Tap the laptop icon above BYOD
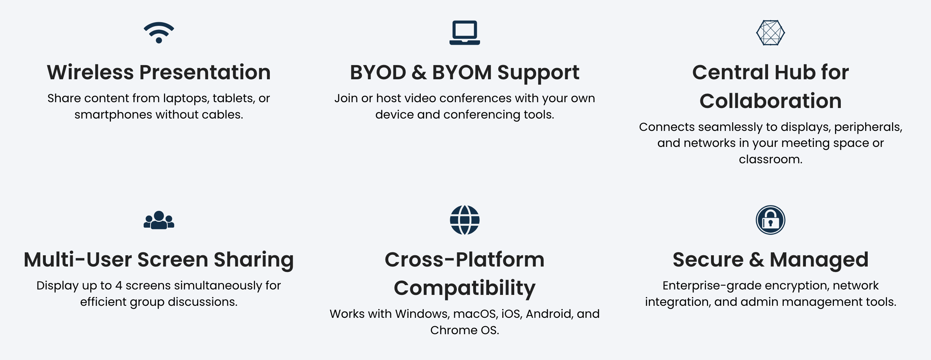[x=465, y=33]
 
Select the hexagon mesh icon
[x=771, y=33]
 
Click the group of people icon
[x=159, y=220]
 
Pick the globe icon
[x=465, y=220]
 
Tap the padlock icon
[x=771, y=220]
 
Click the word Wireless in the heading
[x=91, y=72]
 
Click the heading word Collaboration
[x=771, y=101]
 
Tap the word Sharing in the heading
[x=254, y=260]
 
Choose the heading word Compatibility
[x=465, y=288]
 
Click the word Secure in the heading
[x=708, y=260]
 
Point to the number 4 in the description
[x=119, y=286]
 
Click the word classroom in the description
[x=769, y=159]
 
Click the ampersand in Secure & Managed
[x=757, y=260]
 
